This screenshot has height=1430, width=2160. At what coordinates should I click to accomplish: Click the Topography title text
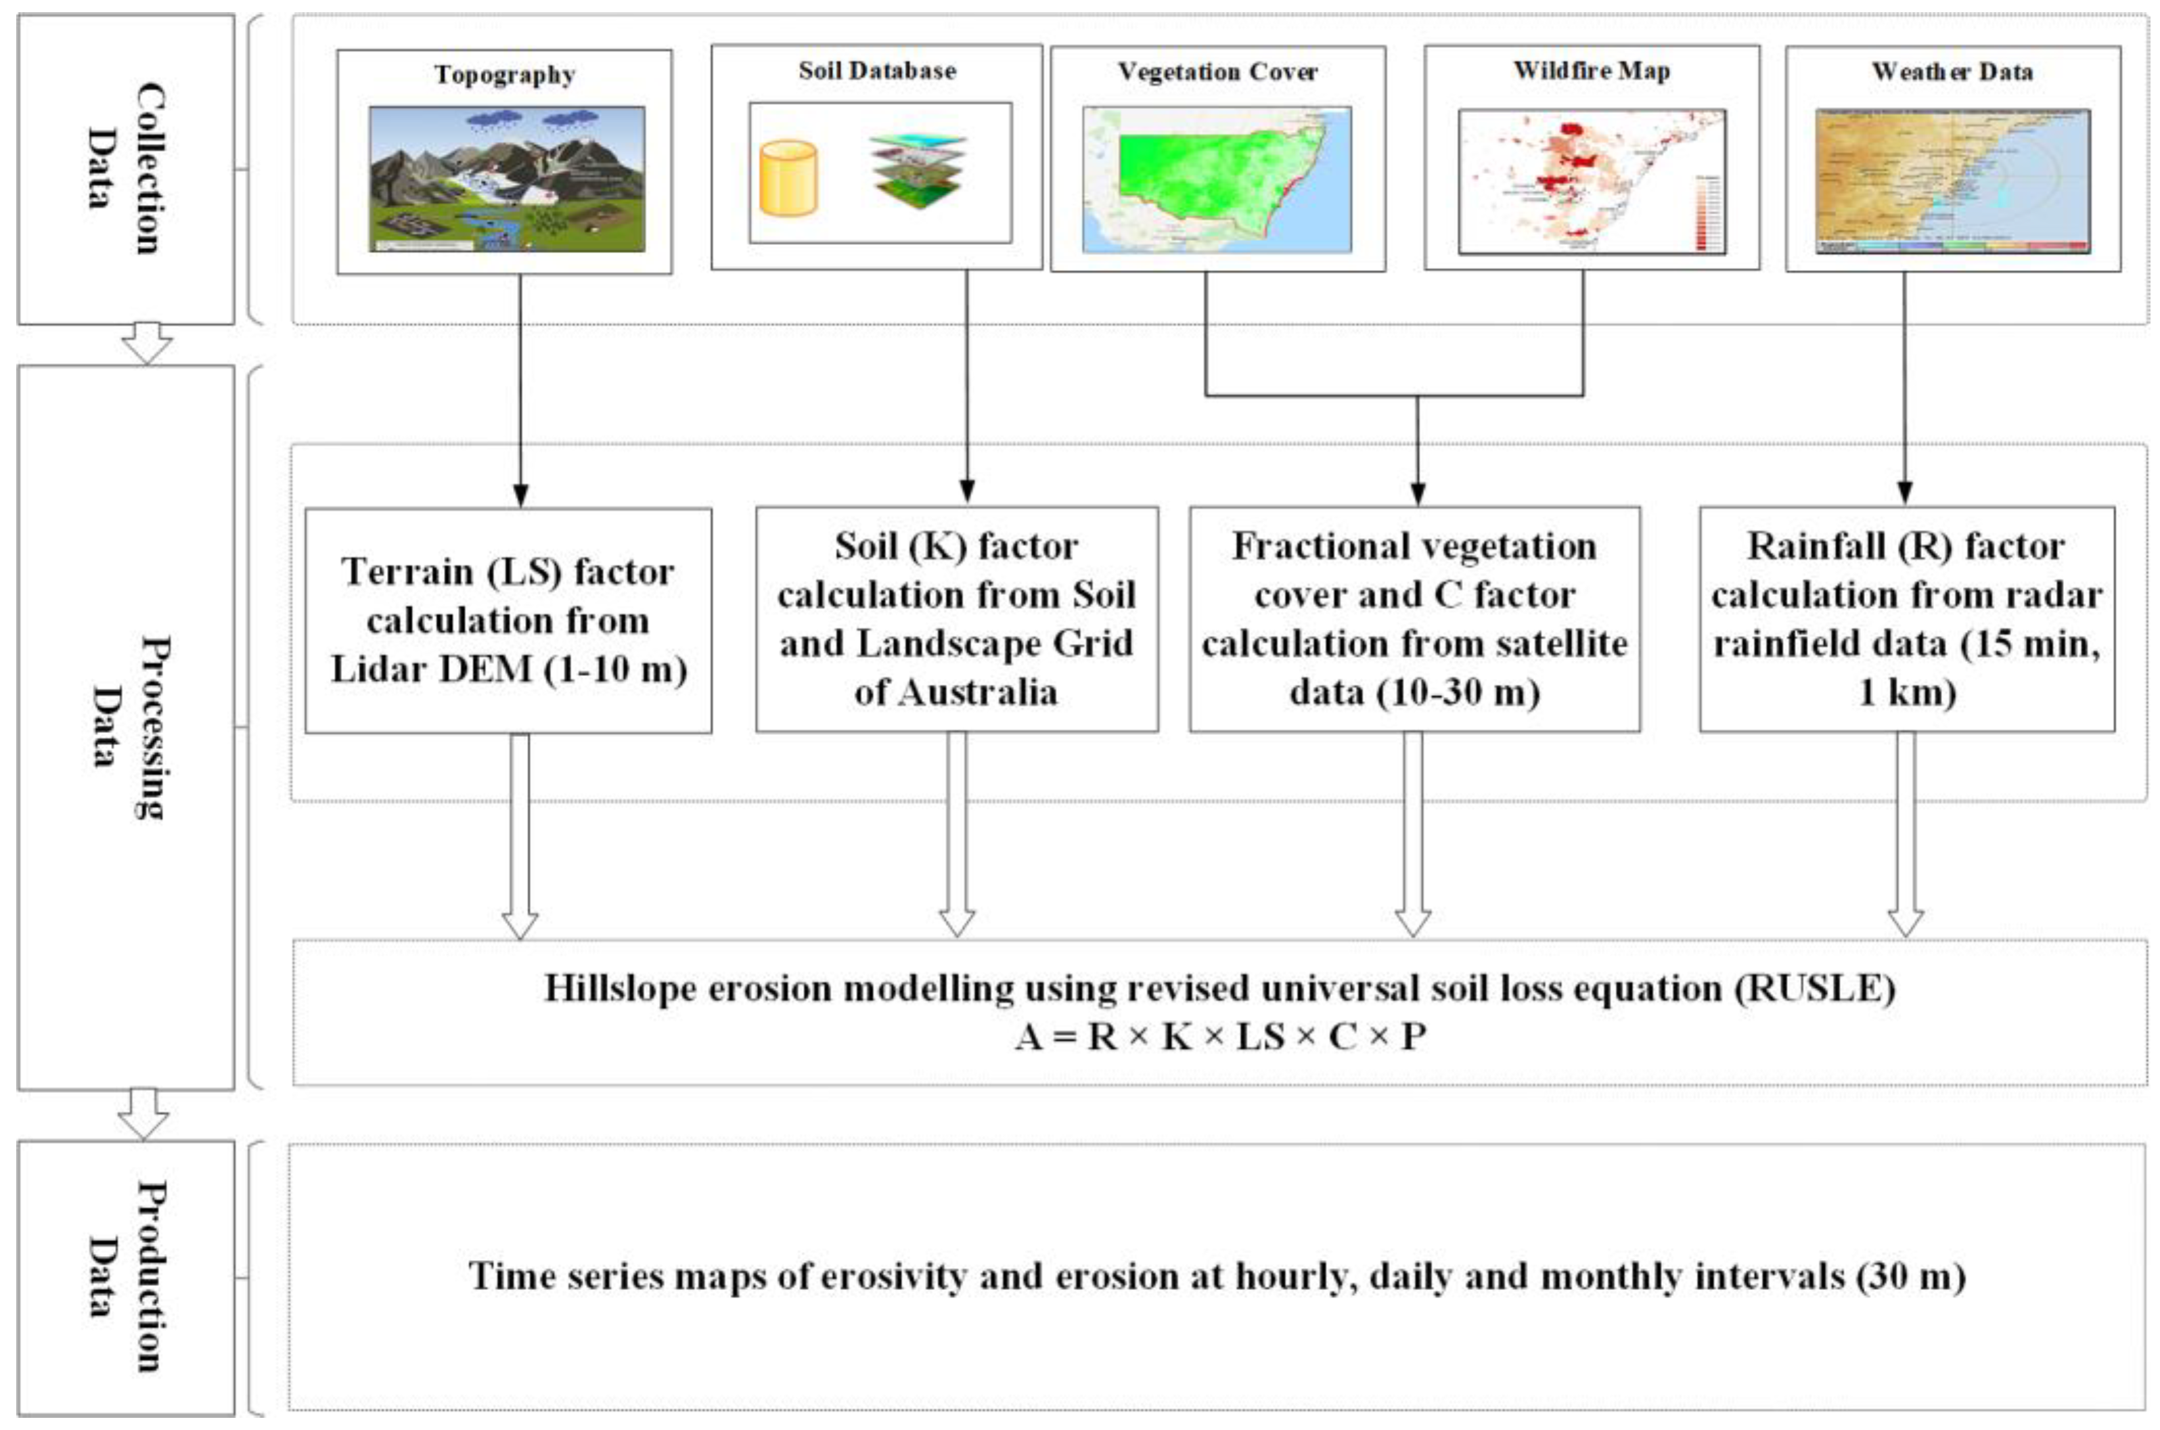click(x=503, y=75)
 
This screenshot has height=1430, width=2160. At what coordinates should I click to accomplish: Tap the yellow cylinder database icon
click(x=788, y=178)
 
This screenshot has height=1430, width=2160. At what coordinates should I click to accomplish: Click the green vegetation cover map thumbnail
click(x=1216, y=179)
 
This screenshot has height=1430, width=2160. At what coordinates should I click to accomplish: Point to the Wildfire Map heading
click(x=1591, y=71)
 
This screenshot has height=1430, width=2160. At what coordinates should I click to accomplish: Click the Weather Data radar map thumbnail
click(x=1952, y=181)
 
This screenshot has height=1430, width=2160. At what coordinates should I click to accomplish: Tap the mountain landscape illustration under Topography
click(x=506, y=179)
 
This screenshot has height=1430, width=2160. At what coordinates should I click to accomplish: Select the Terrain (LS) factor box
click(x=508, y=620)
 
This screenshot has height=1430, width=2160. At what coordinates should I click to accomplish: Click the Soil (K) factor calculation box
click(x=956, y=619)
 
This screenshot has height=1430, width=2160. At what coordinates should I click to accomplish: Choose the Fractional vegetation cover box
click(x=1414, y=619)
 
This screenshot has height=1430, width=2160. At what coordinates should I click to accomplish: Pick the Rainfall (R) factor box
click(x=1906, y=619)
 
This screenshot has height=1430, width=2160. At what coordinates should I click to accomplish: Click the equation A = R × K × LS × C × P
click(x=1220, y=1037)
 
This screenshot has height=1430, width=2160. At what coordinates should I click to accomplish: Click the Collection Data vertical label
click(x=126, y=169)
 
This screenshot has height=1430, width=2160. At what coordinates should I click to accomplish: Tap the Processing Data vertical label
click(x=126, y=727)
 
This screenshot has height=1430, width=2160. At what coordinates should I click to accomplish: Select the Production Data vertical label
click(x=126, y=1277)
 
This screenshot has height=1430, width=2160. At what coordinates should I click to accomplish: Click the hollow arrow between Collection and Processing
click(x=147, y=344)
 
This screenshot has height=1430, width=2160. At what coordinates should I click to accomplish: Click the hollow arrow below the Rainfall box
click(x=1905, y=834)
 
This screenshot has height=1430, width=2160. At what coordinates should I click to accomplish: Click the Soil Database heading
click(x=876, y=71)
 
